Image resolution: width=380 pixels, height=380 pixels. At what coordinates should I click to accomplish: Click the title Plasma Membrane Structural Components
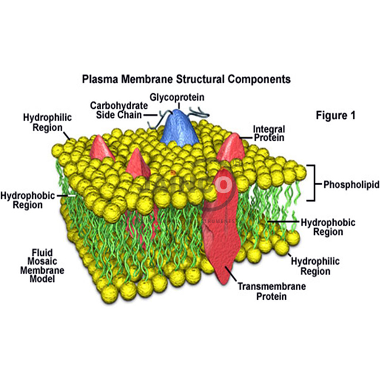tap(186, 80)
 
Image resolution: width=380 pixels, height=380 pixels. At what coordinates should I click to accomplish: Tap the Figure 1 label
tap(335, 116)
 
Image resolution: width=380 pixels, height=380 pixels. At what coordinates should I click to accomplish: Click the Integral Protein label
tap(269, 132)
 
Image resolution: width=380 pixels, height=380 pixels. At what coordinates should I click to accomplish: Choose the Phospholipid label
tap(351, 186)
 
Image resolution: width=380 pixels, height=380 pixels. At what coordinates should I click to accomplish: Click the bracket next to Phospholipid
tap(312, 182)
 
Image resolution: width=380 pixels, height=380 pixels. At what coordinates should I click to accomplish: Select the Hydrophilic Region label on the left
tap(44, 122)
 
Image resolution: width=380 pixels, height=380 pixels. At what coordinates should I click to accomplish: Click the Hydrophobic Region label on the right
tap(327, 227)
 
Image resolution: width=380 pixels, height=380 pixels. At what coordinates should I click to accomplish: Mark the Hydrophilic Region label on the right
tap(310, 266)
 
